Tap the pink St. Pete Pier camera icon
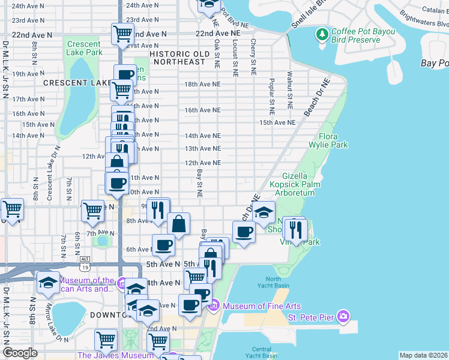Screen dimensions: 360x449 coord(343,316)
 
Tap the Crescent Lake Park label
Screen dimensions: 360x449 coord(84,49)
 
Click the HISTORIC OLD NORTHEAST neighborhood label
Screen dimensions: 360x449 coord(179,58)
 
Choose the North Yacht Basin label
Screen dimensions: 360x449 coord(273,282)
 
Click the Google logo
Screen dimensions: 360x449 coord(20,353)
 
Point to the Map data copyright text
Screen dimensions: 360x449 coord(423,355)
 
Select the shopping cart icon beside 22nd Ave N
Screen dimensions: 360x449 coord(122,34)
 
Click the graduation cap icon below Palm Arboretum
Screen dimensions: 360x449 coord(264,212)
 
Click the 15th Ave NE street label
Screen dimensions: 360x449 coord(277,122)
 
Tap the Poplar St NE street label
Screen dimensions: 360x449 coord(272,96)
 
